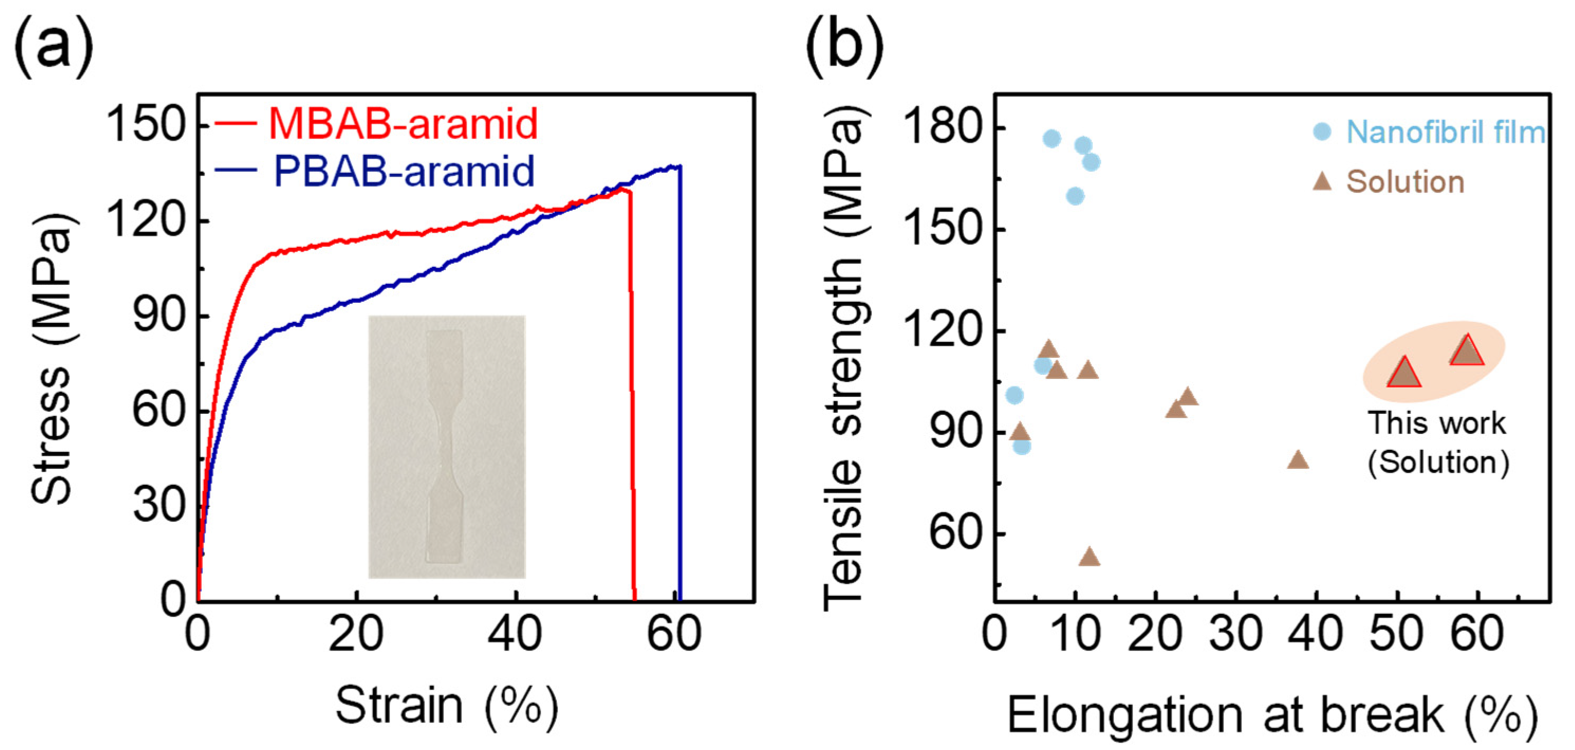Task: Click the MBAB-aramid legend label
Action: (x=403, y=124)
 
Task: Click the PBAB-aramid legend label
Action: (x=404, y=172)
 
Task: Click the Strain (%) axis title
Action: (x=446, y=706)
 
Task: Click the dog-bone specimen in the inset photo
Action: (x=445, y=447)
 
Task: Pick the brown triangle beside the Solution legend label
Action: (x=1322, y=181)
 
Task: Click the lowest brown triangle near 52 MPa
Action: (x=1089, y=556)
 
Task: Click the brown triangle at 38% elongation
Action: (x=1298, y=460)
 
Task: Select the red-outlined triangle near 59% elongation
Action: (x=1466, y=350)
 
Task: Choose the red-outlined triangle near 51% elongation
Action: (x=1404, y=373)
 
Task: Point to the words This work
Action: (x=1437, y=423)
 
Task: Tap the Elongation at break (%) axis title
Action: (x=1272, y=715)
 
